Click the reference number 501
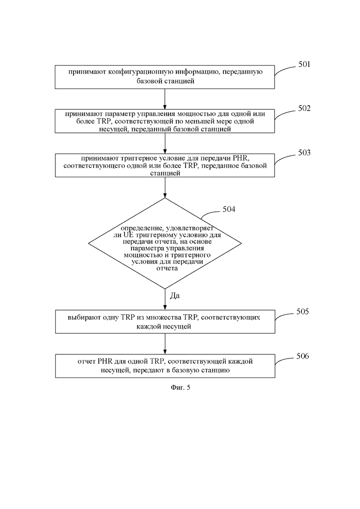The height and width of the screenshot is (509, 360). [304, 64]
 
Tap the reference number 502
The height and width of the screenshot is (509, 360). [304, 108]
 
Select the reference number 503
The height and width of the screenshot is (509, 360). [304, 153]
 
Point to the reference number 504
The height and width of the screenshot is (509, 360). [229, 210]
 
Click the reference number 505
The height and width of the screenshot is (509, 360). [302, 311]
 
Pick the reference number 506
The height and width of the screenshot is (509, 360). [302, 356]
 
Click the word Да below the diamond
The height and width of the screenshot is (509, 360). [174, 296]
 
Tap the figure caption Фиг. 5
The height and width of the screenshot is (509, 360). [180, 387]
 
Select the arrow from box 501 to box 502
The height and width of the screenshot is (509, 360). [165, 99]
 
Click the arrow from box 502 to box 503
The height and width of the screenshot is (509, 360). [165, 143]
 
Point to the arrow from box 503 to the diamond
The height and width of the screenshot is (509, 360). [165, 188]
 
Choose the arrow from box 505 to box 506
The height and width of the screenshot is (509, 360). [165, 344]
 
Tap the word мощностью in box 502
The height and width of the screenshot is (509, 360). [194, 114]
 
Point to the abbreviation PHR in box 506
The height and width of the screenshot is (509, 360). [104, 361]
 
